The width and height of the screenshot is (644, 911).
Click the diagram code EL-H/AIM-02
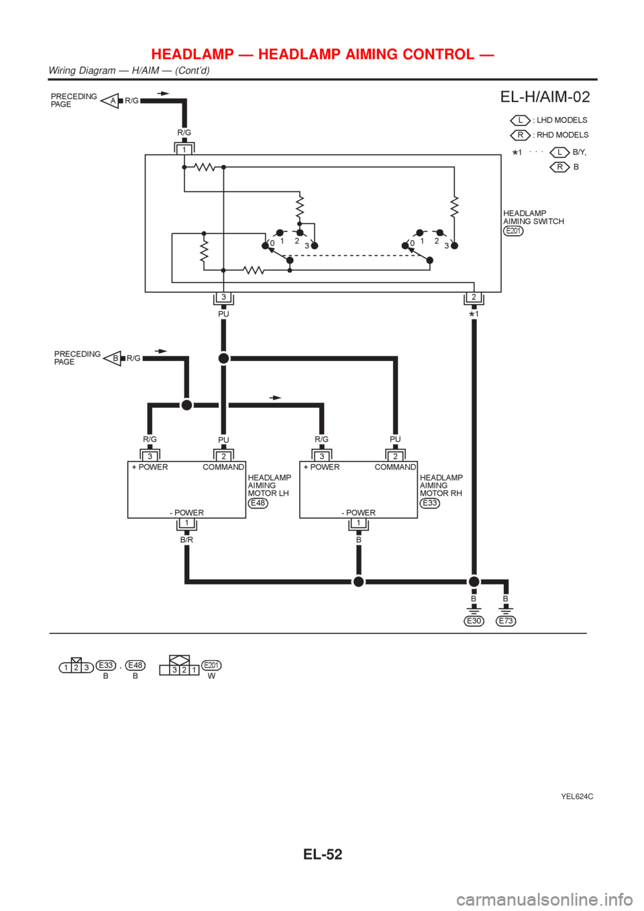[x=545, y=98]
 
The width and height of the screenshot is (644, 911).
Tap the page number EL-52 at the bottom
[x=322, y=854]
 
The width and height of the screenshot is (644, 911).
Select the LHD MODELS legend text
[x=560, y=121]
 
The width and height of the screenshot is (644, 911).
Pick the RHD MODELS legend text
[x=560, y=136]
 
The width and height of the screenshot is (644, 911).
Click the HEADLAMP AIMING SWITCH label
[x=533, y=217]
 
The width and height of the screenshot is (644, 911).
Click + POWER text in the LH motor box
[x=150, y=467]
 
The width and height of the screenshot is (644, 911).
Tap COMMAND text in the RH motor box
[x=395, y=467]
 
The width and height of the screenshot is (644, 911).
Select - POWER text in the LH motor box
[x=186, y=513]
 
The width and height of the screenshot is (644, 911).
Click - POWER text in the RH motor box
[x=358, y=513]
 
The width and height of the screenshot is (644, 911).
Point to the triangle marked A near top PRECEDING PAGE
[x=111, y=101]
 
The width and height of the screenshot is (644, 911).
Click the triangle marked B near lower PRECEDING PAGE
[x=113, y=358]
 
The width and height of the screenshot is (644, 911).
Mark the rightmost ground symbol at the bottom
[x=506, y=621]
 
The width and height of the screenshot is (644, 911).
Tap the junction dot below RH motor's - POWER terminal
[x=358, y=582]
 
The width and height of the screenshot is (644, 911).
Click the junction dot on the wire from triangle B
[x=186, y=405]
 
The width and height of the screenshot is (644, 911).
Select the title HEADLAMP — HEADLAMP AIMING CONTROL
[x=323, y=54]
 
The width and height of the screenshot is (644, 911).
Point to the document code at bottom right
[x=577, y=797]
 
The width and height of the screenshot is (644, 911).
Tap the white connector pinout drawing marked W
[x=178, y=667]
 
